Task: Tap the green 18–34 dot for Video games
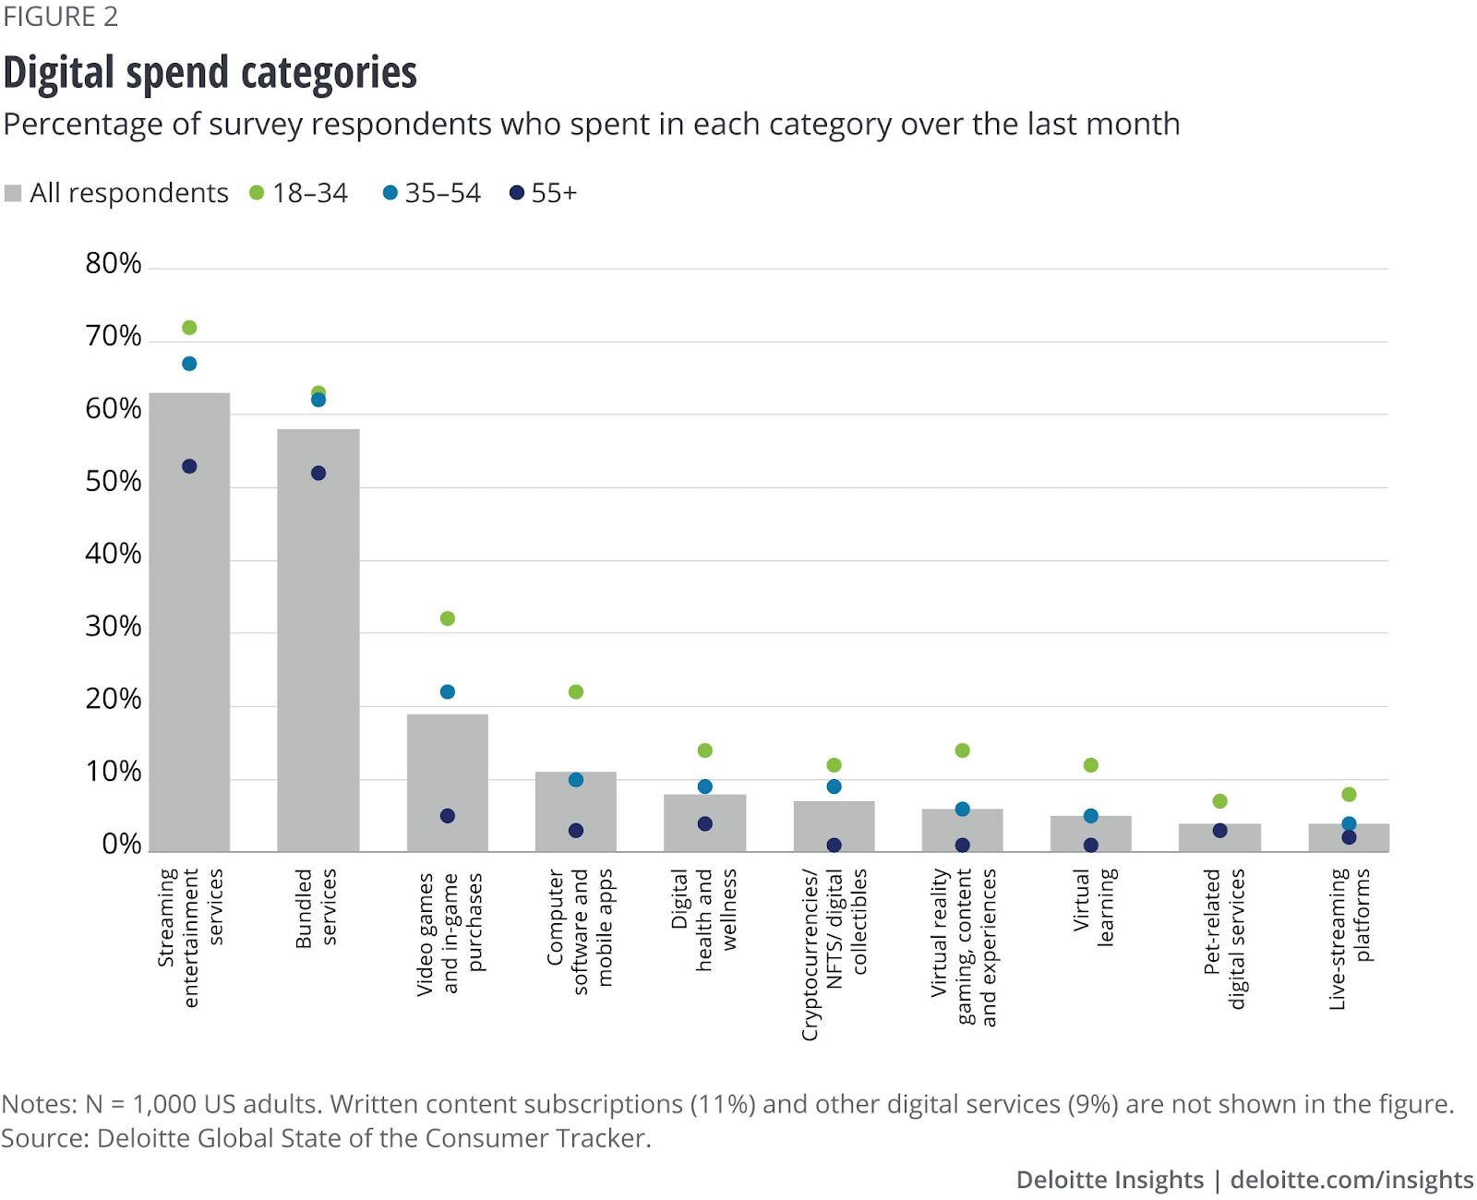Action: tap(448, 618)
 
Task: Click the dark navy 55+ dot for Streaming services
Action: tap(189, 466)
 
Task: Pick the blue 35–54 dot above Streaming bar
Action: tap(189, 364)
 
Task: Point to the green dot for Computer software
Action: tap(576, 691)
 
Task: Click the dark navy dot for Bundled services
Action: tap(318, 474)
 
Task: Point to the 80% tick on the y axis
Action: tap(114, 264)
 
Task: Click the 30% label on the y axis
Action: tap(114, 627)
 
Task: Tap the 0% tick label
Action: tap(121, 844)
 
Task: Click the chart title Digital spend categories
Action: tap(210, 73)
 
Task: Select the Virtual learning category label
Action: tap(1094, 906)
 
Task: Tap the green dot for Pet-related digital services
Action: tap(1219, 801)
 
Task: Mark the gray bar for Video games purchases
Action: tap(448, 785)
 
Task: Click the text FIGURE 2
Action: tap(61, 18)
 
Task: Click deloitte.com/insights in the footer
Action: tap(1351, 1180)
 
